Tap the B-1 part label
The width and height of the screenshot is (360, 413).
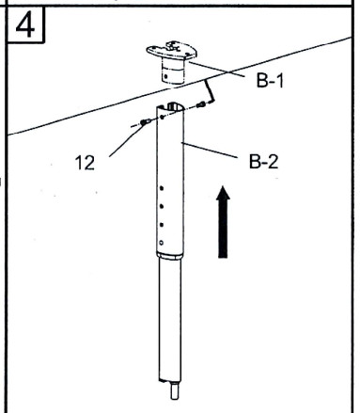(269, 82)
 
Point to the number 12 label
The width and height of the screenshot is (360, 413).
(85, 163)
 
